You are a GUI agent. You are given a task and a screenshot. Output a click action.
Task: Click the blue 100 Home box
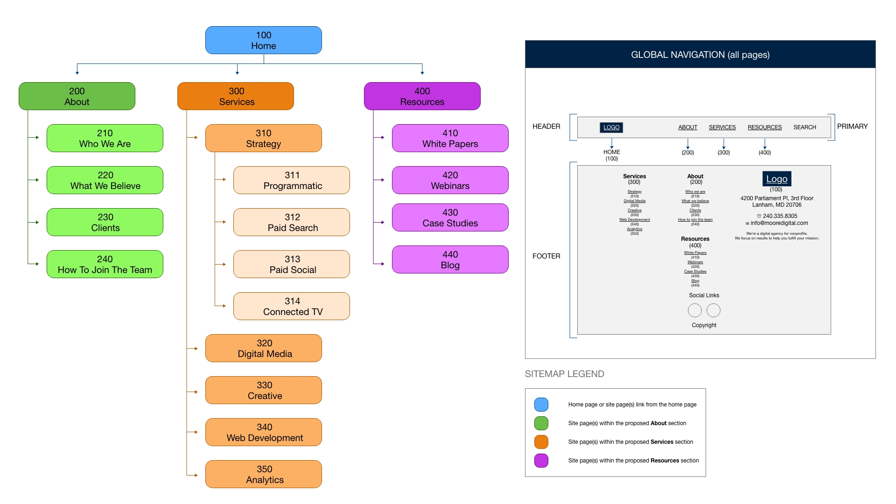tap(263, 40)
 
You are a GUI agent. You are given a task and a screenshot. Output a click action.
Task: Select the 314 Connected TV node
tap(292, 306)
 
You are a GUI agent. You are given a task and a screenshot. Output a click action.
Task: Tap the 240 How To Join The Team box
tap(105, 264)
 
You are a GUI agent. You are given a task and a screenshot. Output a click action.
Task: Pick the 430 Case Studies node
tap(450, 217)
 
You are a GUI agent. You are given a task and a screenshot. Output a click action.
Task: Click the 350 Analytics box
tap(264, 474)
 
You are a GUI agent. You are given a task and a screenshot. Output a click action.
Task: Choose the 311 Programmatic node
tap(292, 180)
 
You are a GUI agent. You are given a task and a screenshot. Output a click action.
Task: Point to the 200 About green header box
tap(77, 96)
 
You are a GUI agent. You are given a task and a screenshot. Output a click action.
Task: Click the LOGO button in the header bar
tap(611, 127)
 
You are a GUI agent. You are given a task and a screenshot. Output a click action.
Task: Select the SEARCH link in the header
tap(805, 127)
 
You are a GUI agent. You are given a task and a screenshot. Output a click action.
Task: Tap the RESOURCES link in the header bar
tap(764, 127)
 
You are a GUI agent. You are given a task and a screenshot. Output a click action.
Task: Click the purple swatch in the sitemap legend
tap(541, 461)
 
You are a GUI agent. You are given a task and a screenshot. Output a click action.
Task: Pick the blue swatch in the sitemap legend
tap(541, 405)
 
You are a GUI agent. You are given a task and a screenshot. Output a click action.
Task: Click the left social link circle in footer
tap(694, 310)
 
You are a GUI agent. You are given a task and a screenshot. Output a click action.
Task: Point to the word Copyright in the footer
tap(704, 325)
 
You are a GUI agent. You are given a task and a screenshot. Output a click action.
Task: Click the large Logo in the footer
tap(777, 179)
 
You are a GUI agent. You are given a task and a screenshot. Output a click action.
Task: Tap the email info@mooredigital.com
tap(779, 223)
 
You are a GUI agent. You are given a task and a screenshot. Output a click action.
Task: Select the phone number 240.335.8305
tap(780, 216)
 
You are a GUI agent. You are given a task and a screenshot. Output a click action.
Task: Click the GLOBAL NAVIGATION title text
tap(700, 55)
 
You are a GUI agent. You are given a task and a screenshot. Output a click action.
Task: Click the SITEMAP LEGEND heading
tap(564, 374)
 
